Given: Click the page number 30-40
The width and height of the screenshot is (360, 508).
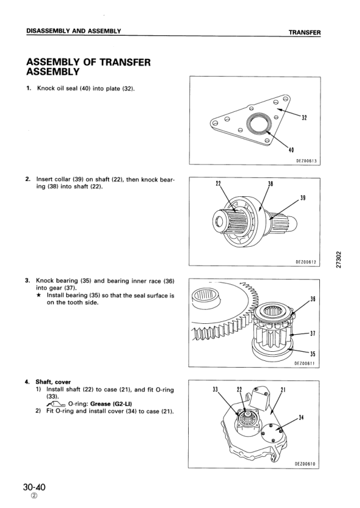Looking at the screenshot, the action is tap(35, 487).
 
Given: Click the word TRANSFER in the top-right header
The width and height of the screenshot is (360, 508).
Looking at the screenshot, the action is tap(304, 32).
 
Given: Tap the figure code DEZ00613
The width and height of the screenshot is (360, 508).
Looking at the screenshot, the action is tap(306, 161).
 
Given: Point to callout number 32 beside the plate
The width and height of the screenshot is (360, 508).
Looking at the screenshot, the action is tap(304, 118).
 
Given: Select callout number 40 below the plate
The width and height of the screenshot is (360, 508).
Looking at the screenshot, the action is tap(291, 149).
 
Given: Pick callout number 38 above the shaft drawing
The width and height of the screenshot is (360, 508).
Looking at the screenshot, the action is tap(271, 184).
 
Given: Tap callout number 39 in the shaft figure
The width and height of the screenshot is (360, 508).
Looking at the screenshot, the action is tap(303, 197).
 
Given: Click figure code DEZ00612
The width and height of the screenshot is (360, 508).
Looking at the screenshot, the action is tap(305, 262).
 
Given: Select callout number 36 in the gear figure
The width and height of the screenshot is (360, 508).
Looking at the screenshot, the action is tap(313, 299).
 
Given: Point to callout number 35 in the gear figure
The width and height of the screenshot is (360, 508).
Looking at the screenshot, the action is tap(313, 354).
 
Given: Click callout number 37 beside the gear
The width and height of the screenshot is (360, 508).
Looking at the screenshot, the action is tap(313, 333).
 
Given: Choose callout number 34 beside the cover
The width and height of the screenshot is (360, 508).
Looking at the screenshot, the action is tap(301, 417).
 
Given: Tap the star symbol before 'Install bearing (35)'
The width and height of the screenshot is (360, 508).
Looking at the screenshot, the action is tap(38, 295).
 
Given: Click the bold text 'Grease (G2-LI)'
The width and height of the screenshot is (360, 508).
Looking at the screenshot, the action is tap(111, 404).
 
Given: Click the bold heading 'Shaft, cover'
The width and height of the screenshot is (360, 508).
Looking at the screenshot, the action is tap(53, 382).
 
